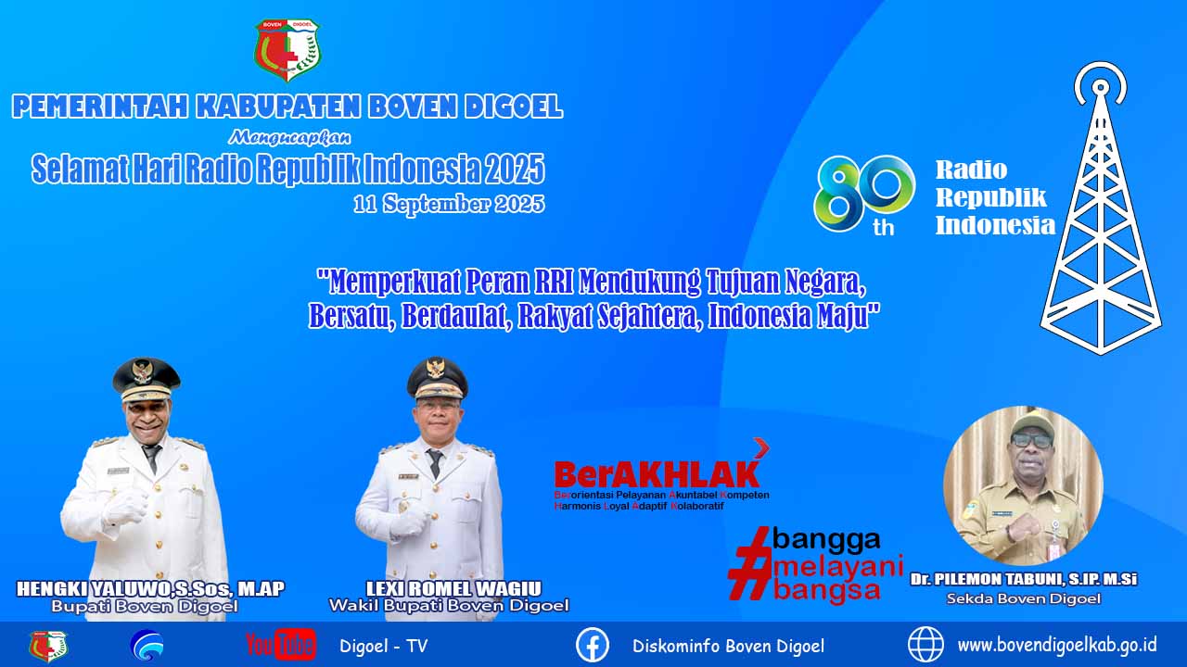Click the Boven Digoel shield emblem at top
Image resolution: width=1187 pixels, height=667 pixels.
click(287, 50)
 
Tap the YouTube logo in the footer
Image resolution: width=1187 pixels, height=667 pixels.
click(281, 646)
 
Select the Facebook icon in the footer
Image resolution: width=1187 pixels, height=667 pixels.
click(593, 645)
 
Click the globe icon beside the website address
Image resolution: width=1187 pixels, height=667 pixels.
click(925, 645)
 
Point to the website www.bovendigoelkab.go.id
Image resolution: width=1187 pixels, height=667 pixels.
click(1057, 646)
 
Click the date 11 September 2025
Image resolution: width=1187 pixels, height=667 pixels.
click(449, 204)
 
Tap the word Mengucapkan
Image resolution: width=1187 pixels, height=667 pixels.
click(289, 138)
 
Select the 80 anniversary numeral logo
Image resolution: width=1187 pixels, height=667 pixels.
click(864, 195)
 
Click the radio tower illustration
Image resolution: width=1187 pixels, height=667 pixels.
click(1101, 208)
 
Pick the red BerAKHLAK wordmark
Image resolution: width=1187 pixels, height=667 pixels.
click(657, 473)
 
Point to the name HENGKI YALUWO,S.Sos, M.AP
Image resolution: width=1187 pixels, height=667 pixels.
click(150, 588)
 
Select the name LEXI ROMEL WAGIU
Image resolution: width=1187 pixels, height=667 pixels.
click(453, 588)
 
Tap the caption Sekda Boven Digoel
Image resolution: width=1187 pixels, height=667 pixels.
click(1024, 598)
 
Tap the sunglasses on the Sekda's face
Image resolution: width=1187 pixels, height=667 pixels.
click(1031, 440)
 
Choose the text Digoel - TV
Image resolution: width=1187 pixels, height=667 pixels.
click(384, 646)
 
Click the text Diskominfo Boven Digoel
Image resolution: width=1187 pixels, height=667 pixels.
click(729, 646)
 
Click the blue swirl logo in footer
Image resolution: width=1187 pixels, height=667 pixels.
click(147, 646)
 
